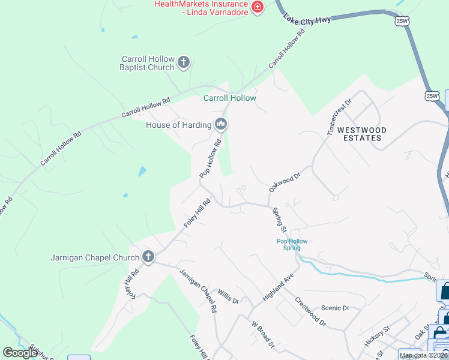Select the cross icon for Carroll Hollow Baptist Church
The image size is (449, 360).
pos(184,62)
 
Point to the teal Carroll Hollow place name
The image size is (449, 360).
pos(230,98)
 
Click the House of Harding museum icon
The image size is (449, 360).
pos(221,125)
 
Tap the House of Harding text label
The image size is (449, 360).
pos(179,125)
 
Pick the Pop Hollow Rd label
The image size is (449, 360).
pos(211,158)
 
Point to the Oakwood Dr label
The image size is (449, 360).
pos(284,179)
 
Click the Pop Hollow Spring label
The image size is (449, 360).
pos(292,245)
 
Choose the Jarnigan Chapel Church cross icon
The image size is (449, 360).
pos(148,257)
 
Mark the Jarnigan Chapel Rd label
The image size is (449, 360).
pos(198,292)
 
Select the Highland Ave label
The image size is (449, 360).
pos(277,287)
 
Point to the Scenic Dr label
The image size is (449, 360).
pos(335,308)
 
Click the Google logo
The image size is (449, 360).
pos(20,353)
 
